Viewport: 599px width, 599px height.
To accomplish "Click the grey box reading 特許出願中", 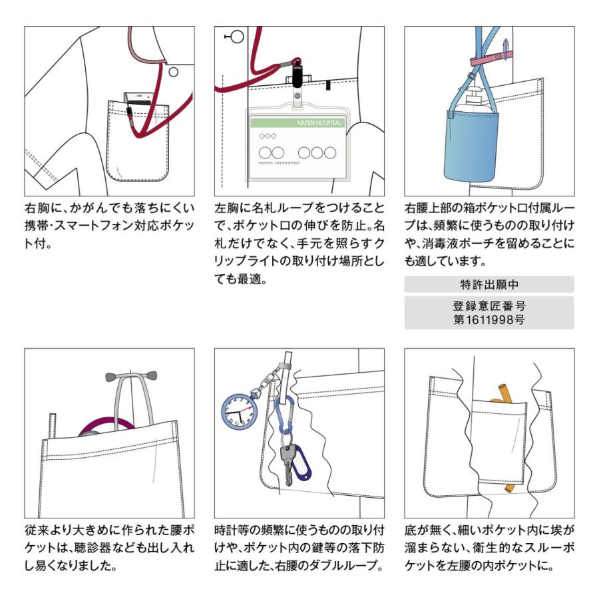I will (x=489, y=284).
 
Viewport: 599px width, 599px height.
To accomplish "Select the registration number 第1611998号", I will (x=489, y=319).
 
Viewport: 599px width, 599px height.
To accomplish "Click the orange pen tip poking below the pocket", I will (x=509, y=488).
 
